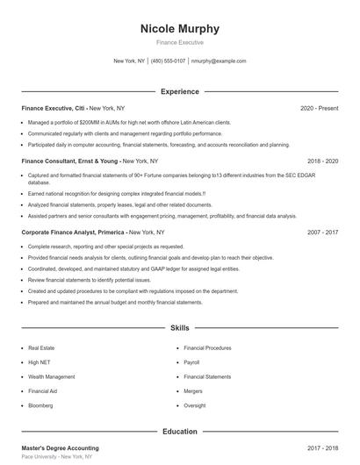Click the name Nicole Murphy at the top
180,28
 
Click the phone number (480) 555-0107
168,61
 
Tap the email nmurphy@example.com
219,61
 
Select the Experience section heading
180,91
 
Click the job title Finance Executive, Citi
54,108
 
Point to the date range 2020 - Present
319,108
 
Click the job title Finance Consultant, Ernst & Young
70,161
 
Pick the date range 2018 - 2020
323,161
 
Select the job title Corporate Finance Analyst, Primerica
74,232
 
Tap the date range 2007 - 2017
323,232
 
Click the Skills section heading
180,328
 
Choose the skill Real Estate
41,348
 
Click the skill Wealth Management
51,376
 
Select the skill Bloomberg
40,405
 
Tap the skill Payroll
191,362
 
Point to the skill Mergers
193,391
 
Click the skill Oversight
195,405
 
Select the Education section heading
180,432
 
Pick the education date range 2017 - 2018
323,448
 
